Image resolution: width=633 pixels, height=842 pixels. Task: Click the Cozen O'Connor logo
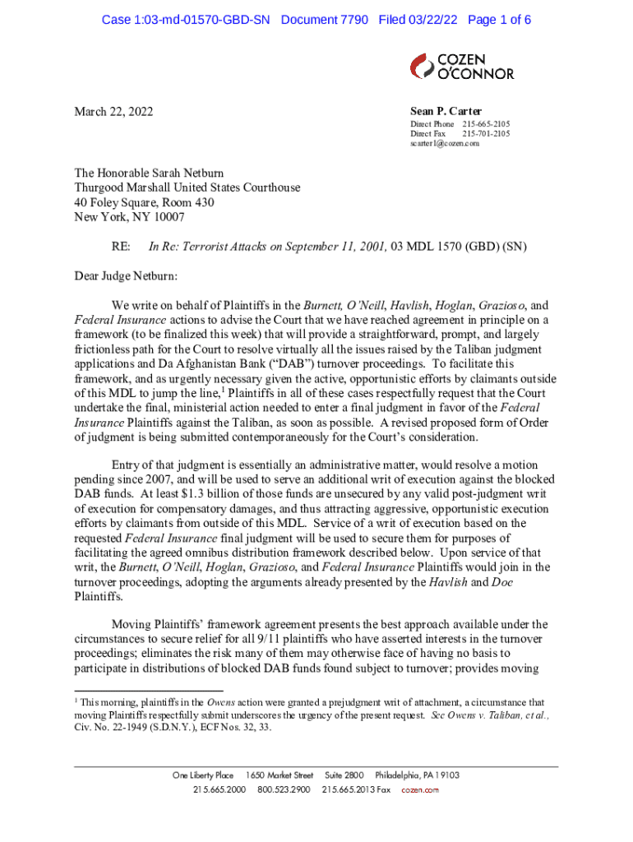(x=462, y=67)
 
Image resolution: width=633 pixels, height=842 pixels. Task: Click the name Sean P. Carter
(x=446, y=112)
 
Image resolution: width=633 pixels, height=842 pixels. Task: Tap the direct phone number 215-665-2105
(x=485, y=124)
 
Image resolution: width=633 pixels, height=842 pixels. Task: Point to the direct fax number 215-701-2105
(x=485, y=133)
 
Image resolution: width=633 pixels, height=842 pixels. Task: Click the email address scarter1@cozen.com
(x=445, y=143)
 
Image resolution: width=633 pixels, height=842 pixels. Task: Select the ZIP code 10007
(x=167, y=217)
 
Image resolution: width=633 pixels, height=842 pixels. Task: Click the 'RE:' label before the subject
(x=122, y=247)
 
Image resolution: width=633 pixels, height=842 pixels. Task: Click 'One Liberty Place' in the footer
(x=203, y=775)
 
